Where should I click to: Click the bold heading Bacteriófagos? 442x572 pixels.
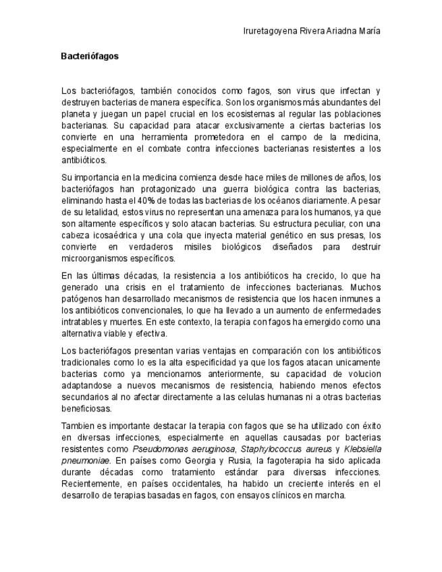[89, 57]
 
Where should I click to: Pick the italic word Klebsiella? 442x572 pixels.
[362, 449]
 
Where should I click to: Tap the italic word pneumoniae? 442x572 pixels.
[84, 461]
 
